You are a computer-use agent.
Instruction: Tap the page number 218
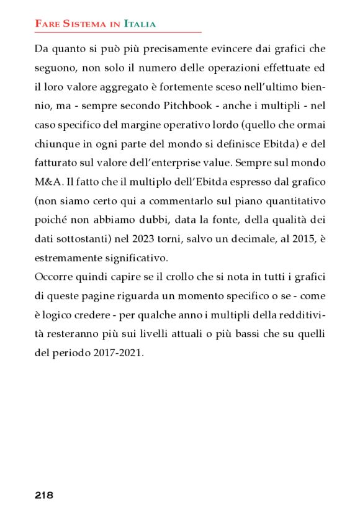pos(43,495)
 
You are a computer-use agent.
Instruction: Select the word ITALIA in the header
pos(140,24)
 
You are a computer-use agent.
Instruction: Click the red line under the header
pos(118,32)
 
